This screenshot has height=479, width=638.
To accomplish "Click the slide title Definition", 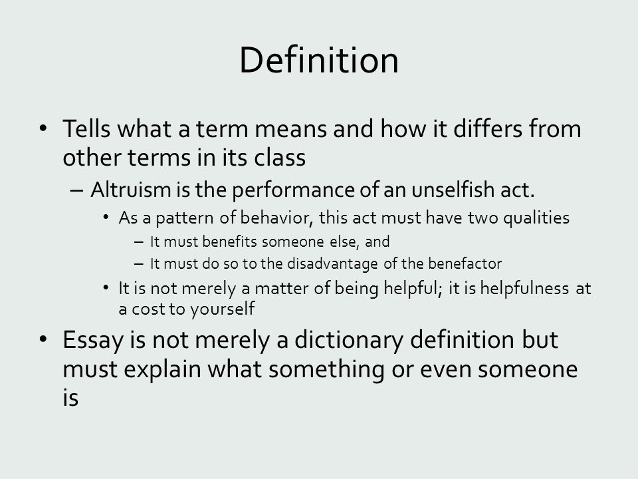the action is click(x=319, y=60).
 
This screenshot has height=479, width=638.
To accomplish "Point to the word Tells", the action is click(x=86, y=128).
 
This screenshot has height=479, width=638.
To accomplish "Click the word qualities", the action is click(x=536, y=218).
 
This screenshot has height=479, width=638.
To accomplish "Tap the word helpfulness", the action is click(x=524, y=288).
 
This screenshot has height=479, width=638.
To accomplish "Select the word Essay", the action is click(x=92, y=341).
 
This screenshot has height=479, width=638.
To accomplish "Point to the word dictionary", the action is click(x=349, y=341).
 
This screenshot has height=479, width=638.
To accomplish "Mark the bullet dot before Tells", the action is click(x=44, y=128).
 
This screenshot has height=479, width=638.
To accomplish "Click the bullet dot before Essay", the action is click(x=44, y=339).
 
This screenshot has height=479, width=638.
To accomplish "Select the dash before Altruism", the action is click(x=76, y=190).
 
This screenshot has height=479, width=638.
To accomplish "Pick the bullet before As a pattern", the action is click(x=106, y=218).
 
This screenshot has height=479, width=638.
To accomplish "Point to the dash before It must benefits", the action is click(x=139, y=242).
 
